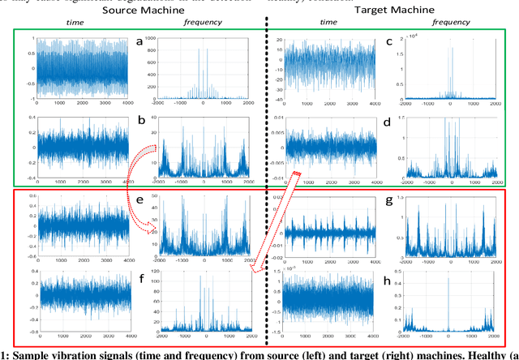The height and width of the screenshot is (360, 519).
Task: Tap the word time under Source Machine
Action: click(x=63, y=25)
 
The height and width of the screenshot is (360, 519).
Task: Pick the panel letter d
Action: click(x=390, y=123)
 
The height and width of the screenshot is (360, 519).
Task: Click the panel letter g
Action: click(x=390, y=200)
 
